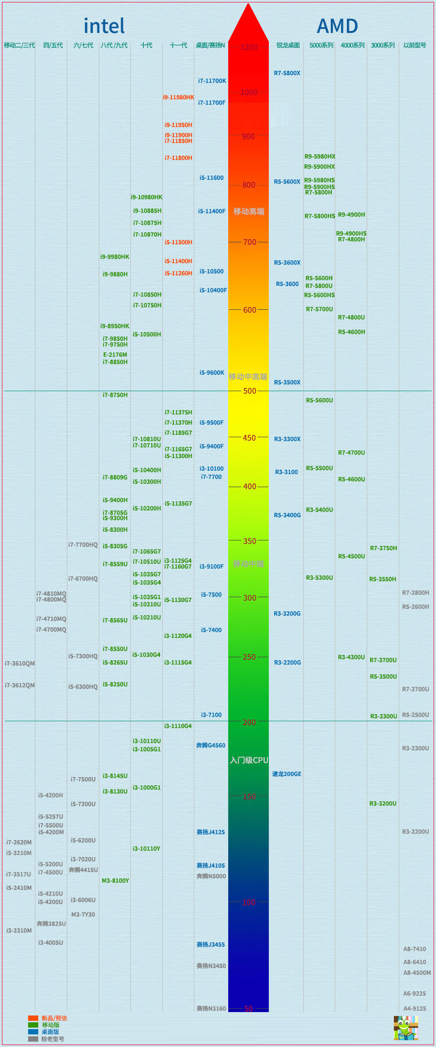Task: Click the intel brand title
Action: click(x=104, y=26)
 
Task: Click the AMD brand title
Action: click(x=337, y=26)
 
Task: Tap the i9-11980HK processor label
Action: click(x=178, y=97)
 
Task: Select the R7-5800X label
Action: click(x=287, y=73)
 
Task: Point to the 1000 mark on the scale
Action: click(x=249, y=93)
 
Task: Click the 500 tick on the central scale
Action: click(x=249, y=391)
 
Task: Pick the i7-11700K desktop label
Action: click(x=212, y=81)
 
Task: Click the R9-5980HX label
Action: click(x=320, y=157)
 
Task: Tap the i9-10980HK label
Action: click(x=146, y=197)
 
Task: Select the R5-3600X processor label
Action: click(x=287, y=263)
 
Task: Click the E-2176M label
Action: click(x=115, y=355)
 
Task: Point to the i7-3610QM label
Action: click(x=19, y=664)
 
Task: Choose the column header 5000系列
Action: click(x=321, y=46)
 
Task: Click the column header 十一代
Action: click(x=178, y=46)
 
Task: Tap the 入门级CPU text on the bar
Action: click(x=249, y=760)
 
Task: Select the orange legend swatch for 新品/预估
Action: click(x=33, y=1018)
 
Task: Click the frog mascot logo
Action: click(x=405, y=1028)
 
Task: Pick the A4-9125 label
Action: click(x=415, y=1008)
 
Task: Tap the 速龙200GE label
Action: click(x=286, y=774)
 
